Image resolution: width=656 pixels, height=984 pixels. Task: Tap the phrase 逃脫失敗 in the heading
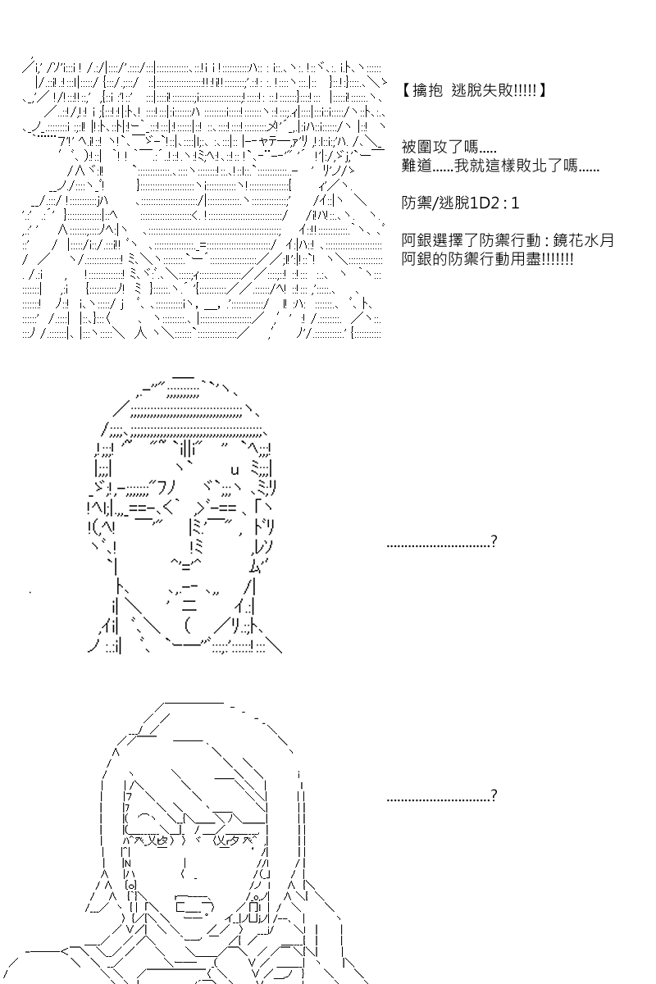click(x=481, y=90)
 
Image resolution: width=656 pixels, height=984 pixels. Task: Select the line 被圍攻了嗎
click(x=449, y=147)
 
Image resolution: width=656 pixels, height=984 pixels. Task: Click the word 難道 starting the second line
click(x=416, y=166)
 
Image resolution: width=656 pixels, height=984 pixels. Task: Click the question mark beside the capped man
click(x=494, y=540)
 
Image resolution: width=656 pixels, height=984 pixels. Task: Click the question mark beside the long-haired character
click(x=494, y=795)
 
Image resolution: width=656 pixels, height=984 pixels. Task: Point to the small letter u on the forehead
click(x=235, y=471)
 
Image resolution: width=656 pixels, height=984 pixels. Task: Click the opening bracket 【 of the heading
click(x=407, y=90)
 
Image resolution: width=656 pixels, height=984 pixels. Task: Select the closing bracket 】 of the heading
click(x=542, y=90)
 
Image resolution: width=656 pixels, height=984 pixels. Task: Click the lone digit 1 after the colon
click(x=515, y=203)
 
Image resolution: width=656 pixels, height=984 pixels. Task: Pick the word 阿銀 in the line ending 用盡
click(x=416, y=259)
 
